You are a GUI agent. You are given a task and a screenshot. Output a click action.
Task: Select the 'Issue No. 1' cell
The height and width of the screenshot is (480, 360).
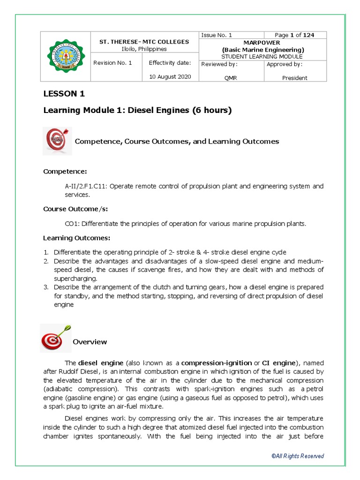coord(216,35)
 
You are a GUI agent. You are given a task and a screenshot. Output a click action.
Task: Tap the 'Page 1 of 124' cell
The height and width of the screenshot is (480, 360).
coord(294,35)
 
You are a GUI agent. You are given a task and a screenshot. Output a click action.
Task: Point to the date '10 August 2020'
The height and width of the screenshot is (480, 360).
coord(170,77)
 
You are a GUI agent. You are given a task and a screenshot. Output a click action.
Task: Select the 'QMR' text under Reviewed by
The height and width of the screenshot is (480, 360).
coord(231,78)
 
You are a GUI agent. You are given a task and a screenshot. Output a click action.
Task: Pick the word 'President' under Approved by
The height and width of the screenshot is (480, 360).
coord(294,78)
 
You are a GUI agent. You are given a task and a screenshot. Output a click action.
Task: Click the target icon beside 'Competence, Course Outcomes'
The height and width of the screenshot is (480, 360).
coord(57,141)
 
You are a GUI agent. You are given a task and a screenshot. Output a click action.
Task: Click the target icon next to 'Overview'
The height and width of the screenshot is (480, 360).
coord(56,338)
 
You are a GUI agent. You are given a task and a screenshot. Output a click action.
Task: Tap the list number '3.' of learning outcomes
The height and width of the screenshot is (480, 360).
coord(46,287)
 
